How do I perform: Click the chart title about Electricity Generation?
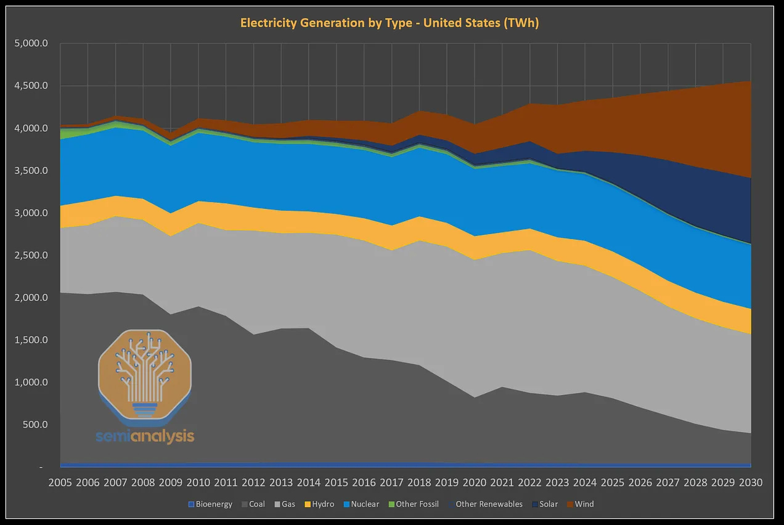click(390, 23)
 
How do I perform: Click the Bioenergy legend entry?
click(210, 504)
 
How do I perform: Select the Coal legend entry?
click(252, 504)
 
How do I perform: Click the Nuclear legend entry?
click(361, 504)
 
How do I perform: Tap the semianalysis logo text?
click(145, 437)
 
